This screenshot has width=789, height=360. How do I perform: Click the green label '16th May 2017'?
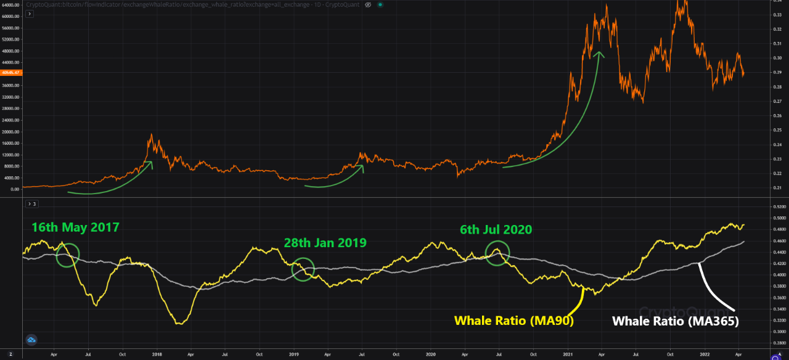pyautogui.click(x=75, y=227)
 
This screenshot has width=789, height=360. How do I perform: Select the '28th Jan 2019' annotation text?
pyautogui.click(x=325, y=243)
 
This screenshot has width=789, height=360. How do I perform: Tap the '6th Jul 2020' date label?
pyautogui.click(x=496, y=230)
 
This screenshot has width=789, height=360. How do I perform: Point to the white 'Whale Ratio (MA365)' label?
pyautogui.click(x=674, y=321)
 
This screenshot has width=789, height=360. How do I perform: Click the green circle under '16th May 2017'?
pyautogui.click(x=68, y=255)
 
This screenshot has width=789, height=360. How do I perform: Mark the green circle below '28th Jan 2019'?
pyautogui.click(x=303, y=269)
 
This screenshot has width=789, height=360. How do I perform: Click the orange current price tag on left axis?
pyautogui.click(x=10, y=72)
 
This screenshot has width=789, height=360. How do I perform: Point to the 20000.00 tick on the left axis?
pyautogui.click(x=12, y=132)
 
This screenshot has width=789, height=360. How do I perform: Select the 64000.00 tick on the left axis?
pyautogui.click(x=12, y=5)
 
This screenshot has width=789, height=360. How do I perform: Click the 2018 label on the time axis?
pyautogui.click(x=157, y=354)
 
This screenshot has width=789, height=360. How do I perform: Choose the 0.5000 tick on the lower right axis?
pyautogui.click(x=780, y=218)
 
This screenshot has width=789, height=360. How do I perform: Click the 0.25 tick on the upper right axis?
pyautogui.click(x=777, y=130)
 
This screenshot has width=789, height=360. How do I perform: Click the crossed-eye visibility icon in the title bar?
pyautogui.click(x=367, y=4)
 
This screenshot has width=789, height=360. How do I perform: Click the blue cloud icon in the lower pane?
pyautogui.click(x=31, y=340)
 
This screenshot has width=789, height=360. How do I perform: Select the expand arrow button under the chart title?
pyautogui.click(x=31, y=14)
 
